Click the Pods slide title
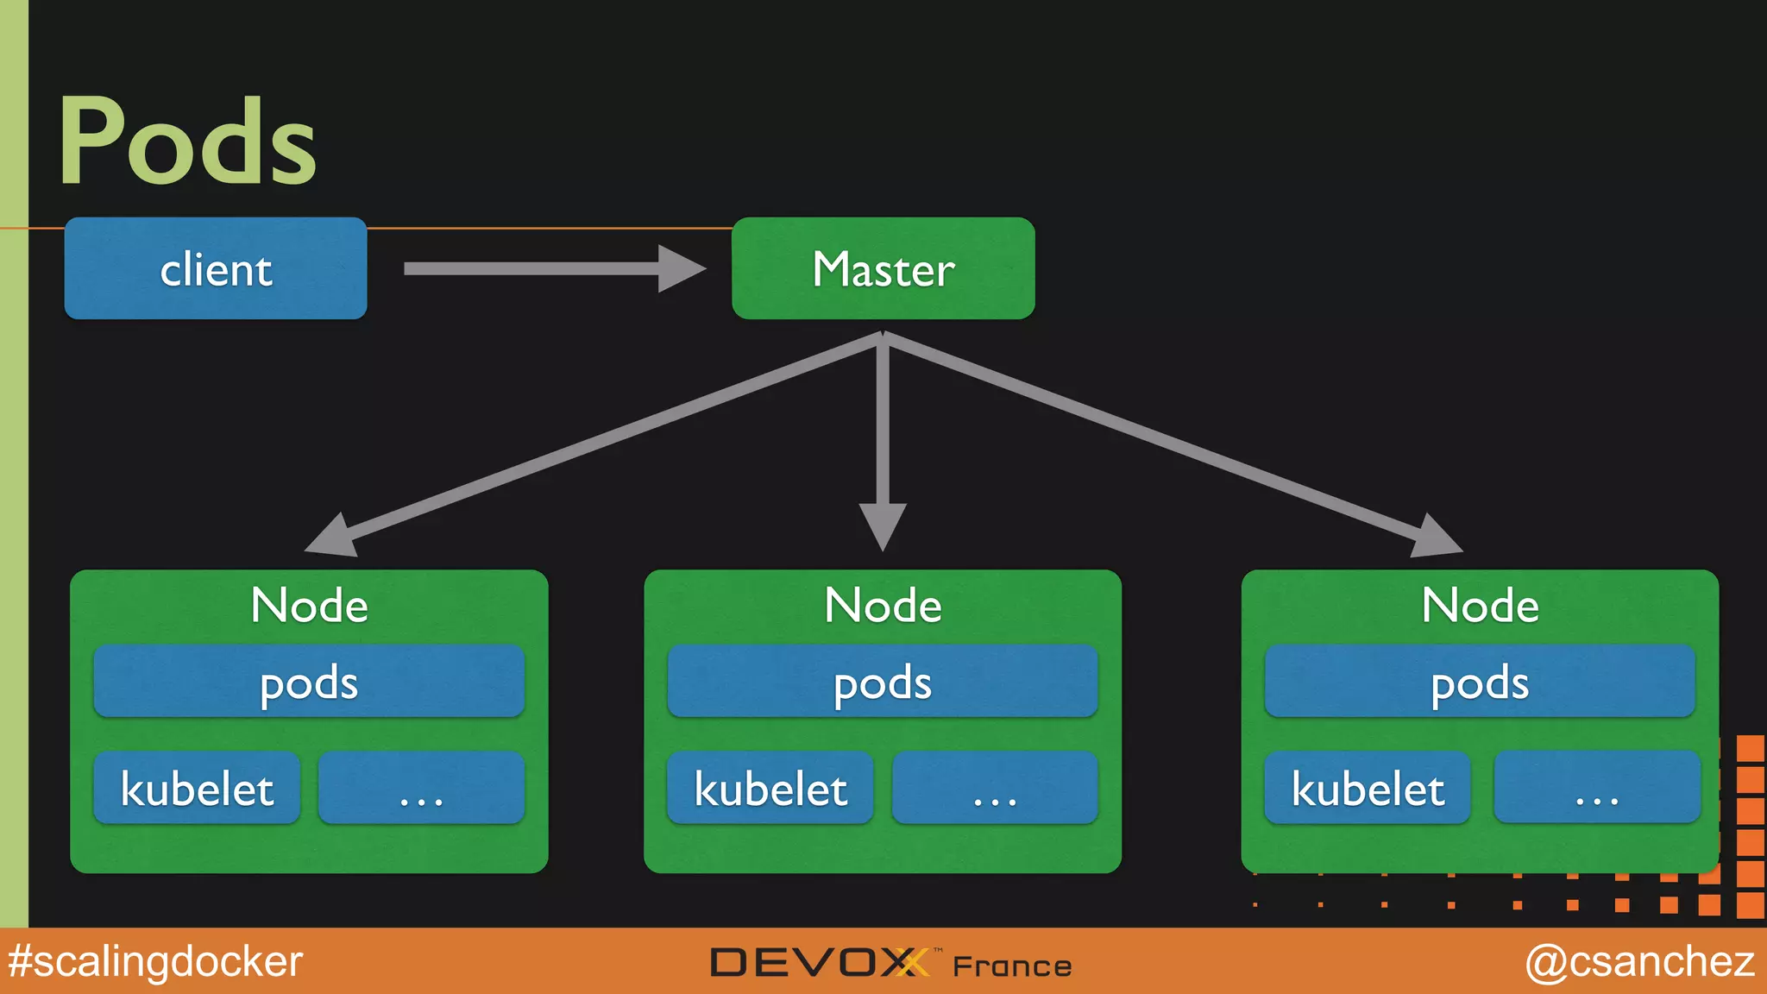tap(188, 141)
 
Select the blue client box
tap(216, 268)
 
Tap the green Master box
tap(883, 268)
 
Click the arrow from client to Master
tap(552, 268)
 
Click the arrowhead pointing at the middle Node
tap(883, 525)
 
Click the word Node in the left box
tap(309, 605)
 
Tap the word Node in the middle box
tap(883, 605)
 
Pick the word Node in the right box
tap(1480, 605)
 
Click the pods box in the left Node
tap(309, 682)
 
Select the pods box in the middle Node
tap(883, 682)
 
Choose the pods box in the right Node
tap(1480, 682)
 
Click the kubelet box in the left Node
tap(197, 788)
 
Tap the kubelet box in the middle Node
tap(770, 788)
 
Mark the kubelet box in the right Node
tap(1368, 788)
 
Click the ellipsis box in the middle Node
tap(995, 788)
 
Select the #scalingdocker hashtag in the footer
tap(155, 961)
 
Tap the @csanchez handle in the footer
tap(1639, 961)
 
